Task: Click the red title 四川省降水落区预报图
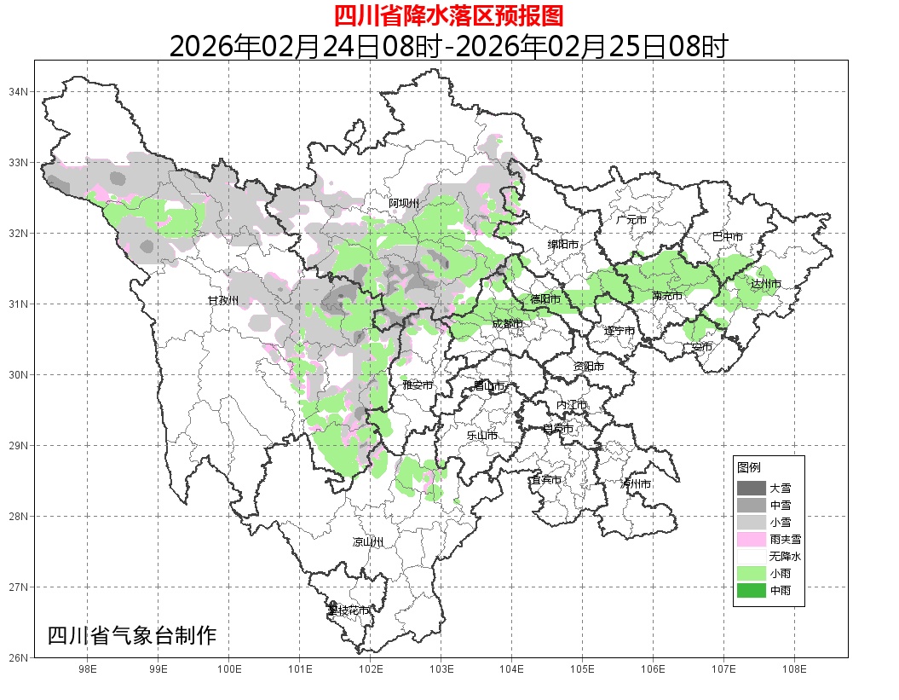pyautogui.click(x=448, y=14)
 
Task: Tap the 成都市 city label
pyautogui.click(x=509, y=324)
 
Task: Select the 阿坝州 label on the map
pyautogui.click(x=404, y=203)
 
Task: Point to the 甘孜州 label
pyautogui.click(x=223, y=301)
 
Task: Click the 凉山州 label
pyautogui.click(x=368, y=542)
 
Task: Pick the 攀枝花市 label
pyautogui.click(x=349, y=610)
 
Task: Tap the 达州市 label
pyautogui.click(x=766, y=283)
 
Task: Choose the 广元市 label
pyautogui.click(x=631, y=220)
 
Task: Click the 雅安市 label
pyautogui.click(x=418, y=385)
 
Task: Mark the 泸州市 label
pyautogui.click(x=636, y=484)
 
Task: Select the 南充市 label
pyautogui.click(x=667, y=296)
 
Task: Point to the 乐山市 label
pyautogui.click(x=481, y=436)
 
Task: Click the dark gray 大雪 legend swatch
pyautogui.click(x=751, y=489)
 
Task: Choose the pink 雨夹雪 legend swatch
pyautogui.click(x=751, y=539)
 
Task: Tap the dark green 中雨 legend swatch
pyautogui.click(x=751, y=590)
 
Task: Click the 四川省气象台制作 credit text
pyautogui.click(x=132, y=636)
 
